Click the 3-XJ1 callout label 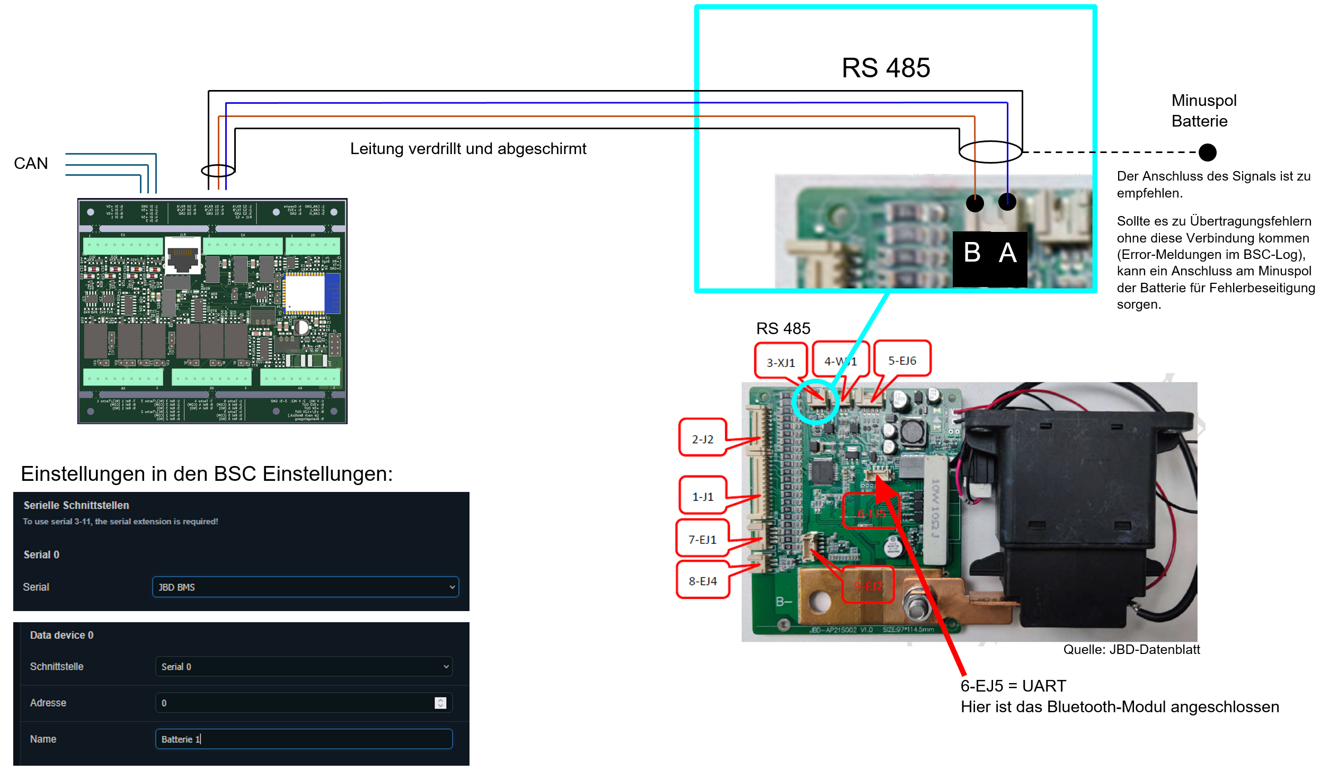click(781, 362)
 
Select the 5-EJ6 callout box click(902, 360)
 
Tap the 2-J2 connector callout click(702, 438)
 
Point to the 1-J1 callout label click(703, 496)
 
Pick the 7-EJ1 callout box click(702, 539)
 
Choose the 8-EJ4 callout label click(703, 581)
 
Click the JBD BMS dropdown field click(305, 587)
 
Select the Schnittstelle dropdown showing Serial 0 click(304, 666)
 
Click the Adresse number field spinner click(440, 703)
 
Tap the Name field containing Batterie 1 click(304, 739)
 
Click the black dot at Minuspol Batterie click(1207, 153)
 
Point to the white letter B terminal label click(972, 253)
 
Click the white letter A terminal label click(1007, 253)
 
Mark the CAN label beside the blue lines click(31, 163)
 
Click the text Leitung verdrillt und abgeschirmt click(468, 149)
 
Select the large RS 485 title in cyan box click(885, 68)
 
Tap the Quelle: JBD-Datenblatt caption click(1131, 649)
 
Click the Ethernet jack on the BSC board click(182, 256)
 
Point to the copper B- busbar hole click(820, 601)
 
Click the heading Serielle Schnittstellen click(76, 505)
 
